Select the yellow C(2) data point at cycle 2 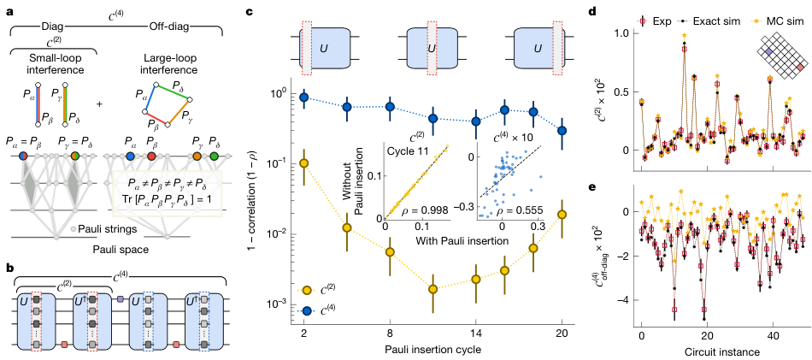[x=303, y=162]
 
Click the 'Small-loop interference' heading [x=44, y=62]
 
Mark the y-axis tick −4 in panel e [x=624, y=300]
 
